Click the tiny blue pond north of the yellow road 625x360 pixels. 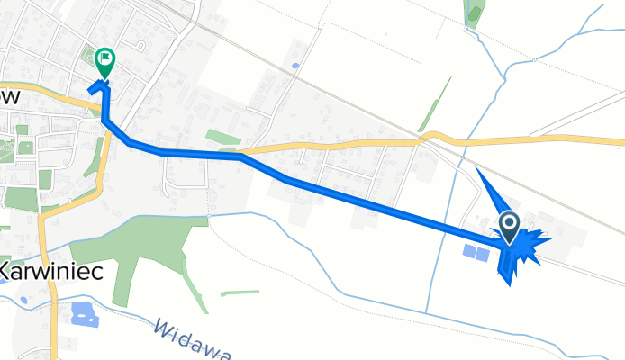294,66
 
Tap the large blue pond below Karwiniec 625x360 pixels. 84,314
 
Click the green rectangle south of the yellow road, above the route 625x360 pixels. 222,138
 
